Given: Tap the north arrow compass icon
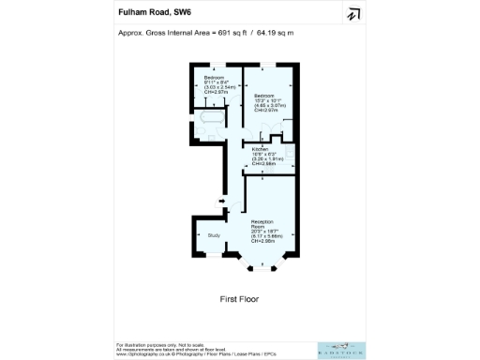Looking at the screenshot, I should coord(353,14).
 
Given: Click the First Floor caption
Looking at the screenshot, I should coord(239,299).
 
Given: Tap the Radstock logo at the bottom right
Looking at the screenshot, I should coord(339,348).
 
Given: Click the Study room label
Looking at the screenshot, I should coord(213,236).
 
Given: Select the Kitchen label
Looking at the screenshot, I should coord(260,149).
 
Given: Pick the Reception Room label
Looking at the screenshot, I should coord(262,224).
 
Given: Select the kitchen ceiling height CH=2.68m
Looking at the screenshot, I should coord(263,163).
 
